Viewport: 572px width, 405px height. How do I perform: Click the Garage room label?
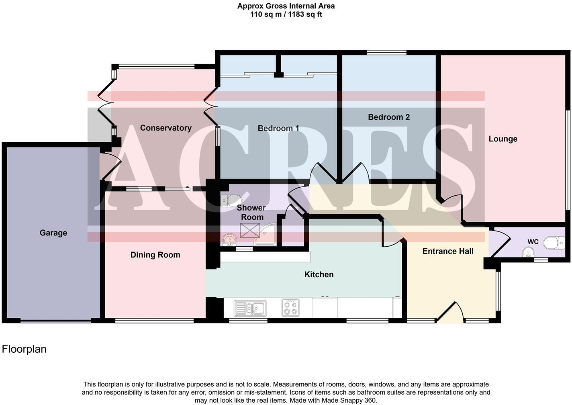pyautogui.click(x=53, y=233)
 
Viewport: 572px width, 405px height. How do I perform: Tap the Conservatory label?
pyautogui.click(x=165, y=128)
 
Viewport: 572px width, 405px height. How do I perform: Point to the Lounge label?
pyautogui.click(x=503, y=139)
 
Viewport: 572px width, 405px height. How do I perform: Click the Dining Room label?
pyautogui.click(x=155, y=255)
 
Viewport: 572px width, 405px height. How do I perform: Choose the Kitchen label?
pyautogui.click(x=319, y=274)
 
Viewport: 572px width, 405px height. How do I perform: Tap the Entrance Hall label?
pyautogui.click(x=448, y=251)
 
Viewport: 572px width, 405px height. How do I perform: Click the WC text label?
pyautogui.click(x=533, y=242)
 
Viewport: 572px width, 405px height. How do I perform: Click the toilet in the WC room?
pyautogui.click(x=554, y=243)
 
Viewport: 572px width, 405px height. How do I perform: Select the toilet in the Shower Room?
pyautogui.click(x=230, y=200)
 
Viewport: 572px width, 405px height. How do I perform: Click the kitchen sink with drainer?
pyautogui.click(x=249, y=308)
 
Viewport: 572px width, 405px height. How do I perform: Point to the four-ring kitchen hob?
pyautogui.click(x=290, y=307)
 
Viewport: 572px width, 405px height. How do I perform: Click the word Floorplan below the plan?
pyautogui.click(x=24, y=349)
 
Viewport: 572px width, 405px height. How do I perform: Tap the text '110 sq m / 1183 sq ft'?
pyautogui.click(x=286, y=14)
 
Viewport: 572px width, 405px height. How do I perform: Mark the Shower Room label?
pyautogui.click(x=251, y=213)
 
